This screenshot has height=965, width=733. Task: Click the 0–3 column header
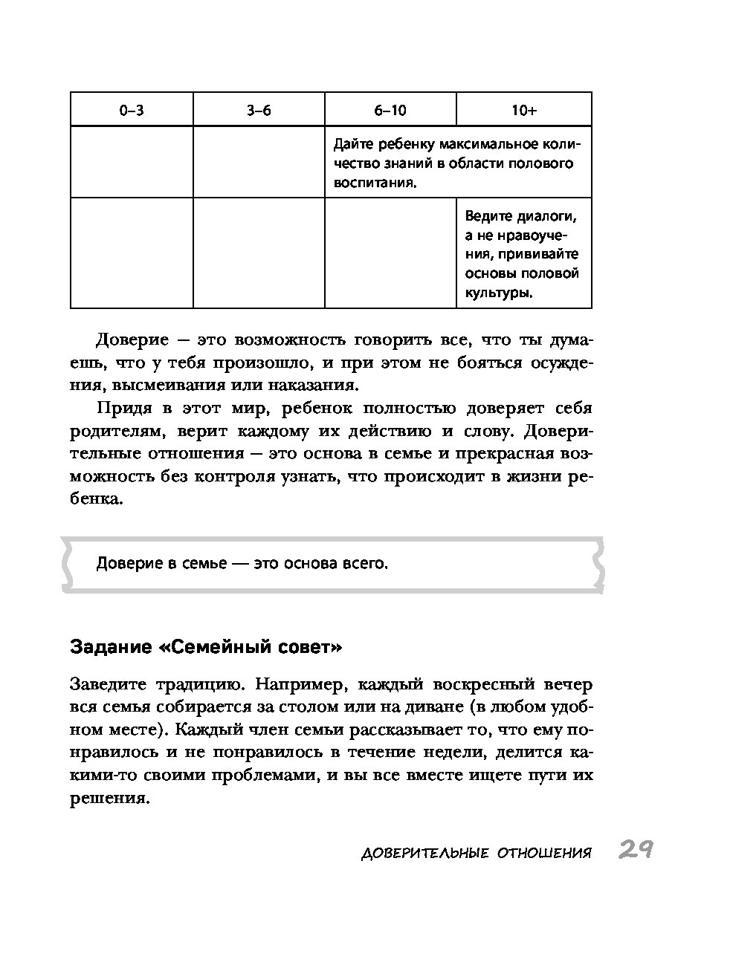pos(132,111)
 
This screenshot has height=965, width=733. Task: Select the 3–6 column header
pos(259,111)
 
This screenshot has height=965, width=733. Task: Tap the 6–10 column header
pos(390,111)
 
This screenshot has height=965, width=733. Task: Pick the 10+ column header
pos(523,111)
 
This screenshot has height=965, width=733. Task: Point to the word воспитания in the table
pos(372,182)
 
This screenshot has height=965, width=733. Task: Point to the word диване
pos(430,706)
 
